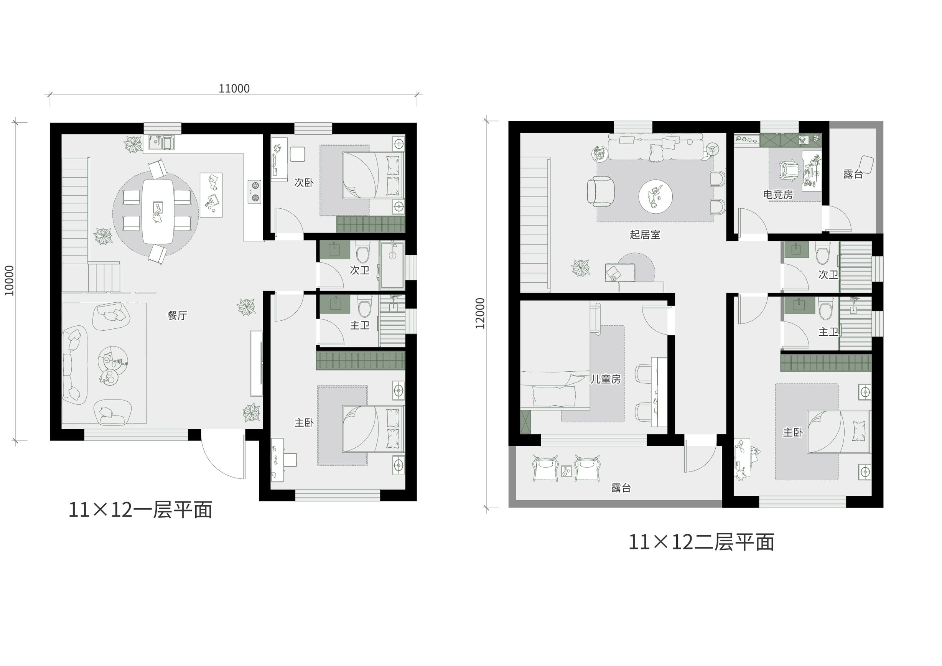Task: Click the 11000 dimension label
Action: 234,89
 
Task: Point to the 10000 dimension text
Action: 10,281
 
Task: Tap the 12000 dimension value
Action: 480,313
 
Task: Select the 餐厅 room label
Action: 177,315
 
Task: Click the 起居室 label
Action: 645,234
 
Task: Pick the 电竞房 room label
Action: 778,194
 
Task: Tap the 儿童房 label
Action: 606,379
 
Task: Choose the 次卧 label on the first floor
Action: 304,182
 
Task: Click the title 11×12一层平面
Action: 140,510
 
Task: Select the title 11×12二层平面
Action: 701,542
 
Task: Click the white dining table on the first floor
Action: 157,211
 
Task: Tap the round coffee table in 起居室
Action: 655,196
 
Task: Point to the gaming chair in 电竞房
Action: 789,170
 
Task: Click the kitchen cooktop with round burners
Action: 255,192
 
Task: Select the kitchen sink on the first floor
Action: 161,143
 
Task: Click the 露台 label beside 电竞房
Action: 853,174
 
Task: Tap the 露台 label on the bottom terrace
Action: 621,488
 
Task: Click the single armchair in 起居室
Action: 600,191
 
